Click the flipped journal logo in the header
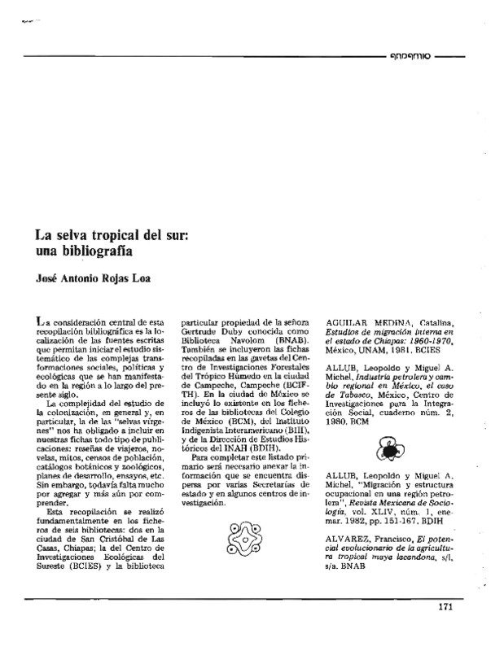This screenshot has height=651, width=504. [x=409, y=57]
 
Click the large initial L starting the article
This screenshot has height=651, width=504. [x=29, y=325]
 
